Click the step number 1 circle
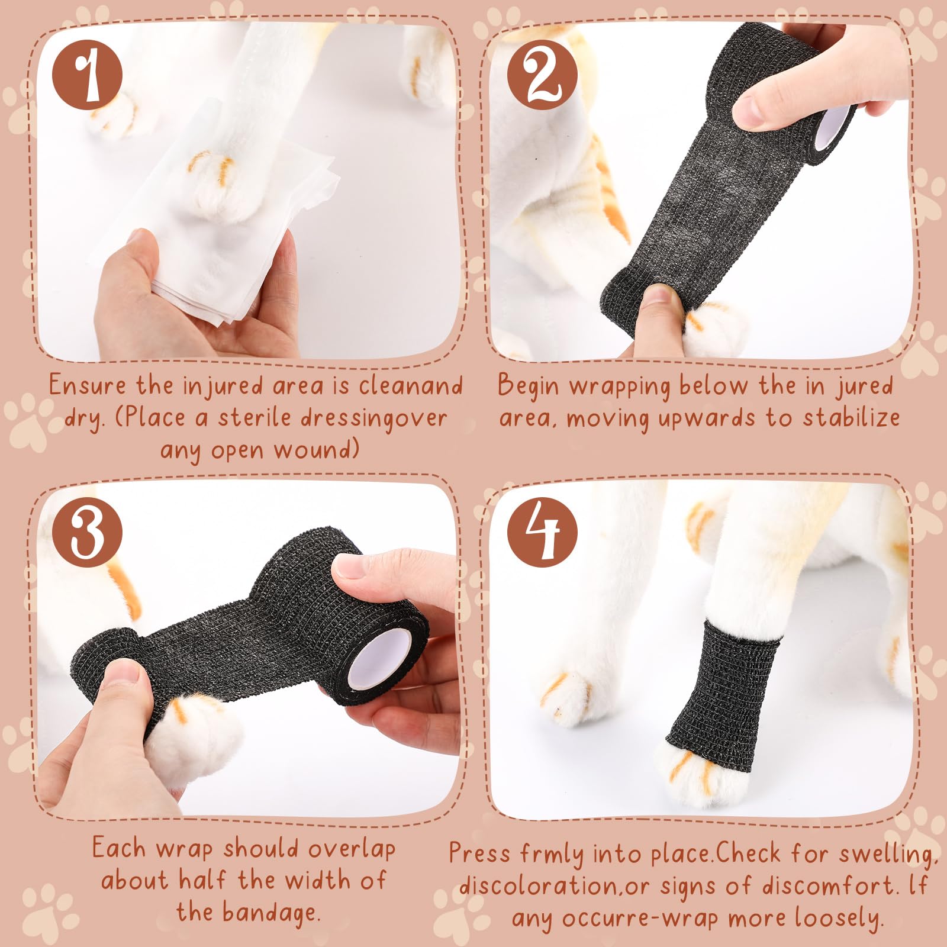point(88,75)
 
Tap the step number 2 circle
point(542,75)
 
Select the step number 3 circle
point(88,532)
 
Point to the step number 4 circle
point(542,532)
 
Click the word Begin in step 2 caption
point(528,386)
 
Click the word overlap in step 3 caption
point(352,850)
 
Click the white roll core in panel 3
point(375,659)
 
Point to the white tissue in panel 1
point(225,219)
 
